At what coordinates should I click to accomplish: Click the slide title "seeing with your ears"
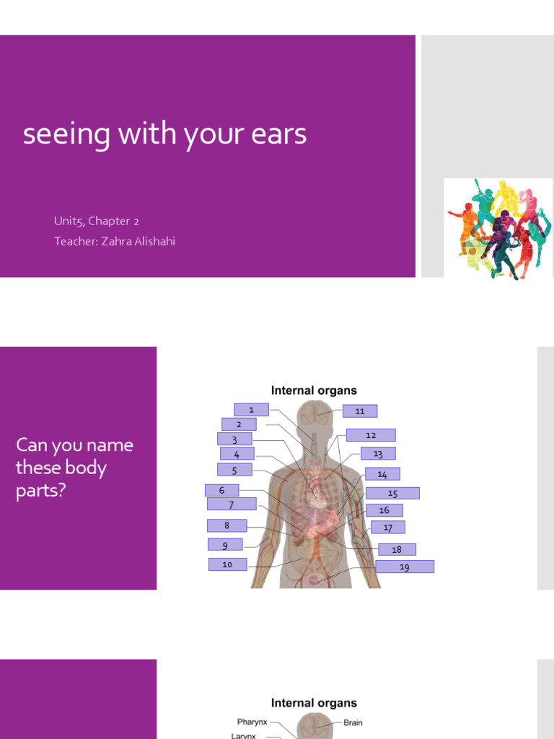coord(164,135)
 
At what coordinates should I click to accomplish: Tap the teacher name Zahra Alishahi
coord(115,241)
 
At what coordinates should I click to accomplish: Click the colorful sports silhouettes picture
coord(498,228)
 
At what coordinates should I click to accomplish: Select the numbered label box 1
coord(251,410)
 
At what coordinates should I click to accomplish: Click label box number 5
coord(234,470)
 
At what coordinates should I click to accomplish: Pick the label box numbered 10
coord(227,564)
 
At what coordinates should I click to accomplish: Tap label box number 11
coord(360,411)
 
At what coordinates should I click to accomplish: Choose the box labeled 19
coord(405,567)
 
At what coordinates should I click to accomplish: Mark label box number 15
coord(392,494)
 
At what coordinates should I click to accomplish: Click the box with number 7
coord(232,504)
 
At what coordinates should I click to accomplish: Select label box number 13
coord(378,454)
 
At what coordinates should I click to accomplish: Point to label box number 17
coord(388,528)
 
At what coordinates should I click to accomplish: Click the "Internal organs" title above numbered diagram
coord(314,390)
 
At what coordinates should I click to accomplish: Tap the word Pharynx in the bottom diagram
coord(252,722)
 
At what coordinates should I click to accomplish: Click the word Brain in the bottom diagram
coord(353,722)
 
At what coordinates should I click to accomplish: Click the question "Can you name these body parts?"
coord(75,468)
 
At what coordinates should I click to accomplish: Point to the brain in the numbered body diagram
coord(316,414)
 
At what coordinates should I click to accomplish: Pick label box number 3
coord(234,440)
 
